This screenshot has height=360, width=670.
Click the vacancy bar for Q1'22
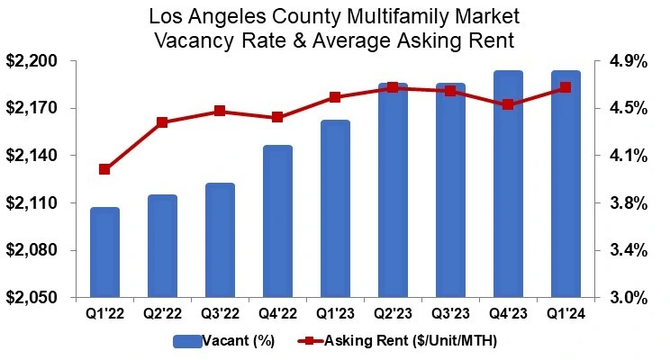104,252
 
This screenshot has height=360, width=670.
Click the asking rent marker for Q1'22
104,169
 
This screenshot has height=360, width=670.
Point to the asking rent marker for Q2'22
162,122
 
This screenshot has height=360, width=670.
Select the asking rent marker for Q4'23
508,104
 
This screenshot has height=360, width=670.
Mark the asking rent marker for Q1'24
566,87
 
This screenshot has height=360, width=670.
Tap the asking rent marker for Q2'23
393,87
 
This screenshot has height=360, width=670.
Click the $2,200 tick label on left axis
32,61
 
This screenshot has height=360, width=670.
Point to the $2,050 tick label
32,297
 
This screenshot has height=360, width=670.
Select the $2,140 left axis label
32,156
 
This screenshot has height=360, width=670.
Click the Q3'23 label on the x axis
450,314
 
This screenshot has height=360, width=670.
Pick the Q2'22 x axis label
162,314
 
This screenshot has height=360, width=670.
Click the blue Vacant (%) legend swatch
188,340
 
